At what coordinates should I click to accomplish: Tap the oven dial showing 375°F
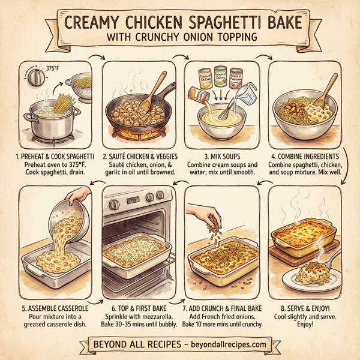35,78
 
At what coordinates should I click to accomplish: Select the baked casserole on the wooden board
302,236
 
